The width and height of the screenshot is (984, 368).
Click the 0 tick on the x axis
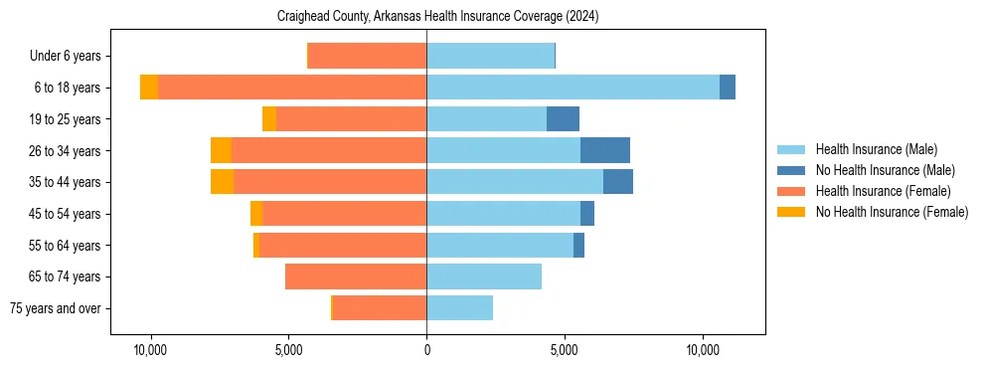[x=426, y=350]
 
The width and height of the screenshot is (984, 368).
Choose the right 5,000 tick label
[x=565, y=350]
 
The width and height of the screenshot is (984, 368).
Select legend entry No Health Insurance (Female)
[x=892, y=212]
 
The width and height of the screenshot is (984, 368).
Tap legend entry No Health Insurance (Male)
[x=885, y=170]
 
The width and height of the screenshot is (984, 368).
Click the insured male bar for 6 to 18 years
[x=573, y=88]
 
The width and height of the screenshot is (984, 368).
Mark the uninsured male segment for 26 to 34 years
[x=604, y=150]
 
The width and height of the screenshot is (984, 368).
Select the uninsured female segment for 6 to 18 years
[x=149, y=88]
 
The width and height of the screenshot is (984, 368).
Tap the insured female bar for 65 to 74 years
[x=356, y=276]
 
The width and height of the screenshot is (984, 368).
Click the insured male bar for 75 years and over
[x=459, y=308]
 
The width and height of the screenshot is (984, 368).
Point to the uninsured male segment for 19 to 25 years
[x=563, y=119]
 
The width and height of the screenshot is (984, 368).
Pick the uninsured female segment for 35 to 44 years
[x=222, y=182]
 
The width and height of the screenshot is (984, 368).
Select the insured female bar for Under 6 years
[x=368, y=56]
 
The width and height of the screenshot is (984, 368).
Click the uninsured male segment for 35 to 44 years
[x=617, y=182]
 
